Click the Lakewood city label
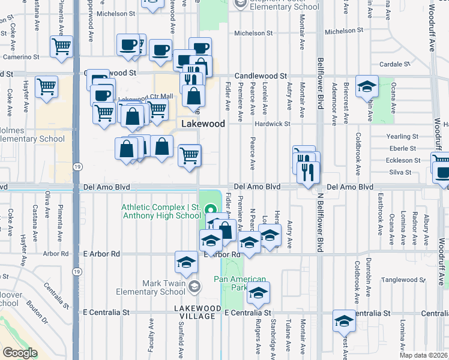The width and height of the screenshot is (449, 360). [x=203, y=124]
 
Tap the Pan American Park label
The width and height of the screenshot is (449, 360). [x=240, y=283]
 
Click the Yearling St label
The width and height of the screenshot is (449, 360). [x=402, y=136]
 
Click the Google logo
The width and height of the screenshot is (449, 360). [x=20, y=352]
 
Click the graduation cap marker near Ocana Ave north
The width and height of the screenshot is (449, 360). [x=366, y=86]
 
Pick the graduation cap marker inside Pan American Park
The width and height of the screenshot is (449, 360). [x=259, y=292]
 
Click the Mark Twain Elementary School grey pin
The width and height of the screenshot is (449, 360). [x=193, y=287]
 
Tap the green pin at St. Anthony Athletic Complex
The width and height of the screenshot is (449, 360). [x=210, y=210]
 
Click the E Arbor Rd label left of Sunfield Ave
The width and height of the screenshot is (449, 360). [x=101, y=254]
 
